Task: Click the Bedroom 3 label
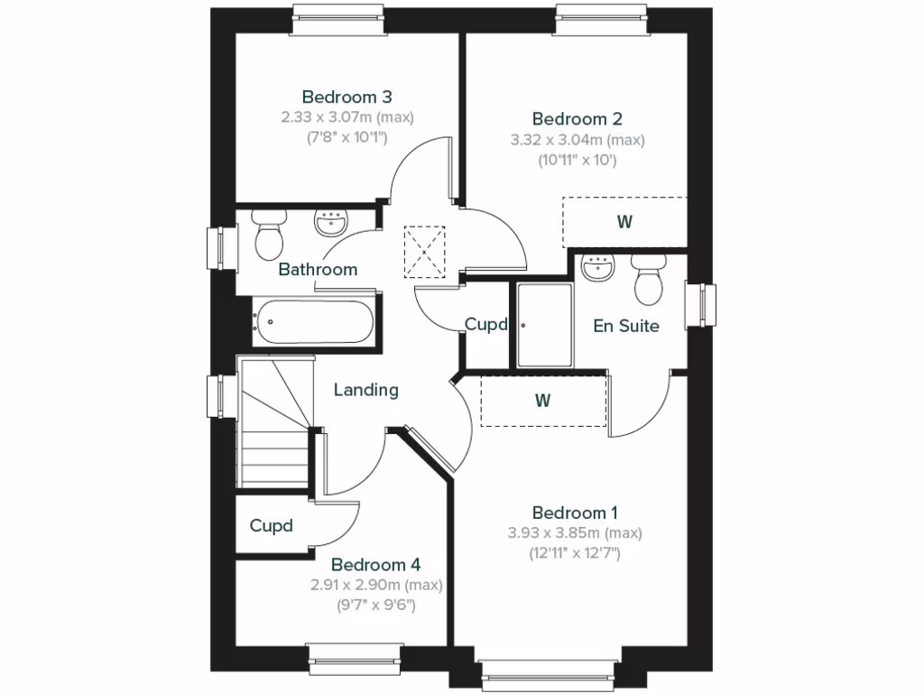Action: click(x=346, y=97)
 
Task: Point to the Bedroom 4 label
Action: click(x=375, y=565)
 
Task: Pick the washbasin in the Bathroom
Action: click(x=331, y=222)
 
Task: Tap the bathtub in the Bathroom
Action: click(x=312, y=321)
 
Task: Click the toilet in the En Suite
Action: click(x=648, y=278)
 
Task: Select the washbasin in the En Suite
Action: click(x=597, y=268)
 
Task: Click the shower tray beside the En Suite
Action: click(x=544, y=325)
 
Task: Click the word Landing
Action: click(x=366, y=390)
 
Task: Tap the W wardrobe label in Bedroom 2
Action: click(x=624, y=222)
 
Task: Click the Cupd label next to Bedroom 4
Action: click(x=272, y=525)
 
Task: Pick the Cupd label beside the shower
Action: click(x=486, y=325)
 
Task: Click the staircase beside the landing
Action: click(x=273, y=422)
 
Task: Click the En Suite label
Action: click(x=626, y=326)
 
